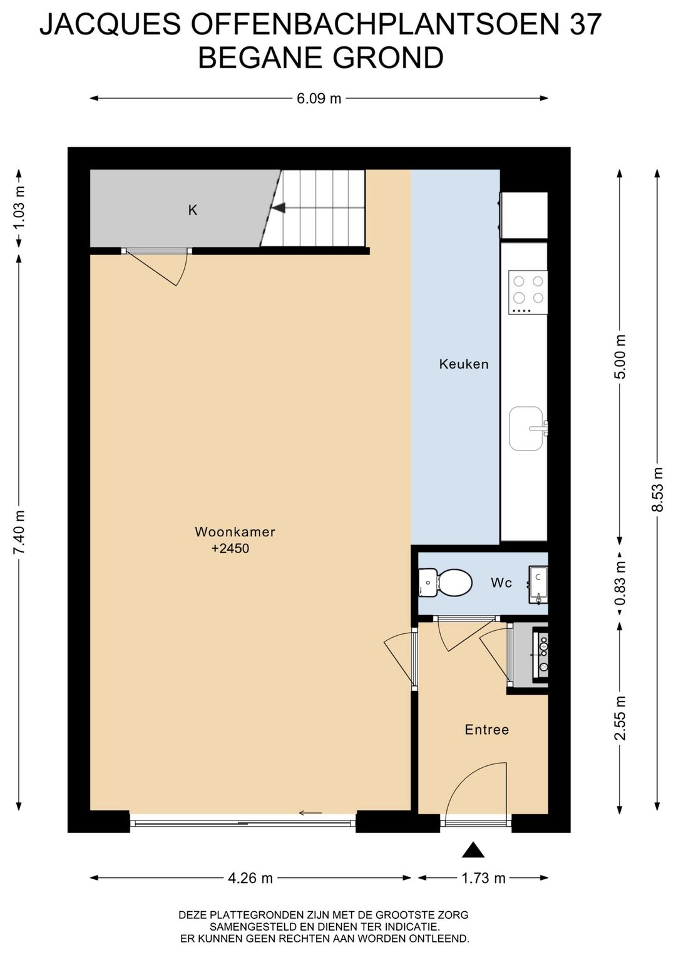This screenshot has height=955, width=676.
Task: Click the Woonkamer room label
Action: point(235,532)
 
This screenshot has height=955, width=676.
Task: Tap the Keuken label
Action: point(464,364)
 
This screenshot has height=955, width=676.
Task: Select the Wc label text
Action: point(501,583)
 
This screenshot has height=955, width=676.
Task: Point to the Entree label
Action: point(486,730)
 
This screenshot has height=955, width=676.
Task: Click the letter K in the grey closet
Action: point(193,210)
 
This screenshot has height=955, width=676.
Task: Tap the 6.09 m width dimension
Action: point(319,98)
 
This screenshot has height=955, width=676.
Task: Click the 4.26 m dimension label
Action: point(250,878)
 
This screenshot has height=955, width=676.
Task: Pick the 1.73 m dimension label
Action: point(483,878)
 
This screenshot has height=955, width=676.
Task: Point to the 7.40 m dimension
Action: point(19,532)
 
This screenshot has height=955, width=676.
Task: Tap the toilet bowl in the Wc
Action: point(446,582)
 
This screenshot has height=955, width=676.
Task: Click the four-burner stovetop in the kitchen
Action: point(528,292)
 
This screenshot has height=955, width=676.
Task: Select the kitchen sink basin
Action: point(527,428)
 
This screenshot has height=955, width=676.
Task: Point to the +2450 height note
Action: point(230,548)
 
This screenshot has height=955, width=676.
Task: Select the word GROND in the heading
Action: point(388,58)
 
